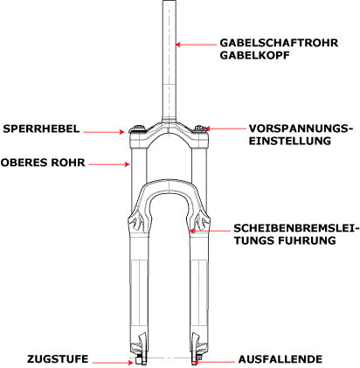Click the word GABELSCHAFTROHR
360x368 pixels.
279,43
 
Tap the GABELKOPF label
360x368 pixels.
255,55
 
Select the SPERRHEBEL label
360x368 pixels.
41,128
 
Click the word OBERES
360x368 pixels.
24,163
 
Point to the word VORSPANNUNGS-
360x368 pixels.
301,128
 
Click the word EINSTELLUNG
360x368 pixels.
290,141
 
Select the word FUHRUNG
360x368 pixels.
307,240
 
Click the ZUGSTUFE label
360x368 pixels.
58,359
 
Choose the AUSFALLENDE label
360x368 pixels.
280,359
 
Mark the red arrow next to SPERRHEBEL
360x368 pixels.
104,132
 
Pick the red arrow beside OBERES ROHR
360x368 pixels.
109,164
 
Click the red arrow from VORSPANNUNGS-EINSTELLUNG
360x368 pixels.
225,128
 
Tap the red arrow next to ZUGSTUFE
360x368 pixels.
113,363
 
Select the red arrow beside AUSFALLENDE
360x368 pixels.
215,362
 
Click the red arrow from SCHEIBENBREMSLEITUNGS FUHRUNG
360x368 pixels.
210,231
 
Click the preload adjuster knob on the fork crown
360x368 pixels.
200,128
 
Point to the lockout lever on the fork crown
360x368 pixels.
137,128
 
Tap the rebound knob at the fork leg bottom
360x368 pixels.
139,361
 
